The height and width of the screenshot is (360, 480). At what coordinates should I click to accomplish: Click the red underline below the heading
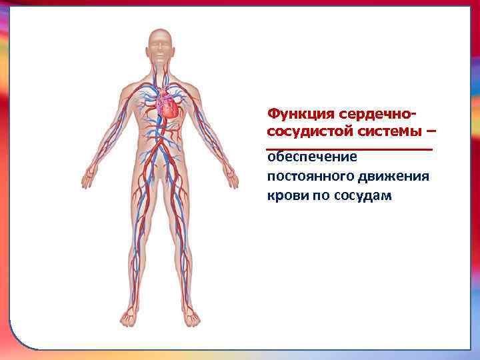349,148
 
